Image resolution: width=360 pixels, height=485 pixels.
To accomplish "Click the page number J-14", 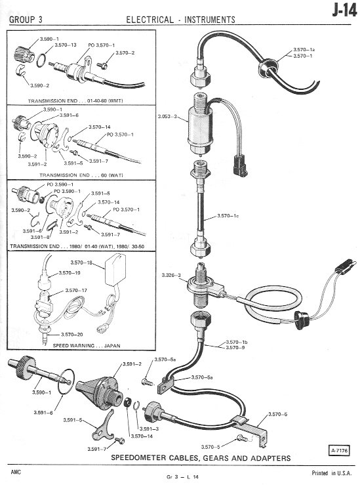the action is point(344,11).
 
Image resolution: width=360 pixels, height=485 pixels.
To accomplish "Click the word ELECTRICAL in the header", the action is point(150,20).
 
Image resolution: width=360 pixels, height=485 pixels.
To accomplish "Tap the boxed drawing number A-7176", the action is point(338,451).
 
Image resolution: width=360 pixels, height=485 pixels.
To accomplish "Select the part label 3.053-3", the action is point(167,117).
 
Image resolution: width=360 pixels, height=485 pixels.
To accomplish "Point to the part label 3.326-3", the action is point(171,275).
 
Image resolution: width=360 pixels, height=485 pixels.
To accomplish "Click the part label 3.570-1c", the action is point(228,215).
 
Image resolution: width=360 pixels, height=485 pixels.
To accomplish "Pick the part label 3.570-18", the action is point(81,263).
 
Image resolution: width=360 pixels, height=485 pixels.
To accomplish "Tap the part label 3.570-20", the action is point(71,334).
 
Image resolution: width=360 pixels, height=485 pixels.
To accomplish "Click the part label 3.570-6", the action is point(277,414).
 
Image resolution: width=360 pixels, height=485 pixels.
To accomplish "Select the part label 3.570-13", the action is point(66,45).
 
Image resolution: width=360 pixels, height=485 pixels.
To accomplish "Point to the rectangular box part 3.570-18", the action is point(115,269).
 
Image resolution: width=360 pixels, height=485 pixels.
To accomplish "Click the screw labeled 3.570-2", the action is point(102,65).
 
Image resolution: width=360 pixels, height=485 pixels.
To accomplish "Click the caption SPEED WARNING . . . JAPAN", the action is point(87,345).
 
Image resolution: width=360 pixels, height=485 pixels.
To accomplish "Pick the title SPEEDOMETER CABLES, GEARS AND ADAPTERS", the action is point(201,458).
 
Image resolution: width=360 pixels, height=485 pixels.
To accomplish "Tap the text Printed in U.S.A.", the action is point(332,473).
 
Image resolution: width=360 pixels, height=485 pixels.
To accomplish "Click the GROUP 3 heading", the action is point(26,20).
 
